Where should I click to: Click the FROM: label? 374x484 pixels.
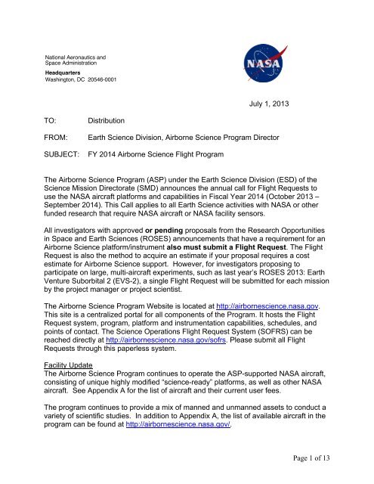(56, 138)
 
